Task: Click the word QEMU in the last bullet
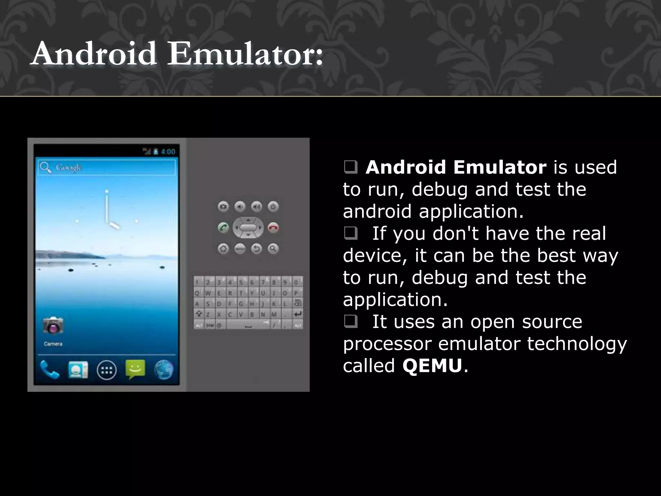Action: pos(432,366)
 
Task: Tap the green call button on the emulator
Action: pos(223,227)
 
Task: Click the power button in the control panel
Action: pos(273,206)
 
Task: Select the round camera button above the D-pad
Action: pos(223,206)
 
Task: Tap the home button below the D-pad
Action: pos(223,249)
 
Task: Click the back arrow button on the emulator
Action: pos(257,249)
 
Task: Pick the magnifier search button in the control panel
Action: pos(273,249)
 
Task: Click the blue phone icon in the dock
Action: pos(49,369)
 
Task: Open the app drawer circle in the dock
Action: pos(107,370)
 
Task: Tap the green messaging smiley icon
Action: pos(135,369)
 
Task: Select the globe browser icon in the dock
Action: pos(164,370)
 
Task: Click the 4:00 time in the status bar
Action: pos(168,152)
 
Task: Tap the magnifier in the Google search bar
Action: pos(45,167)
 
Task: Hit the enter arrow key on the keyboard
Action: pos(298,314)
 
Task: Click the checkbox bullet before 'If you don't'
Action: pos(350,233)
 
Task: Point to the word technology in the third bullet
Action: pos(577,344)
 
